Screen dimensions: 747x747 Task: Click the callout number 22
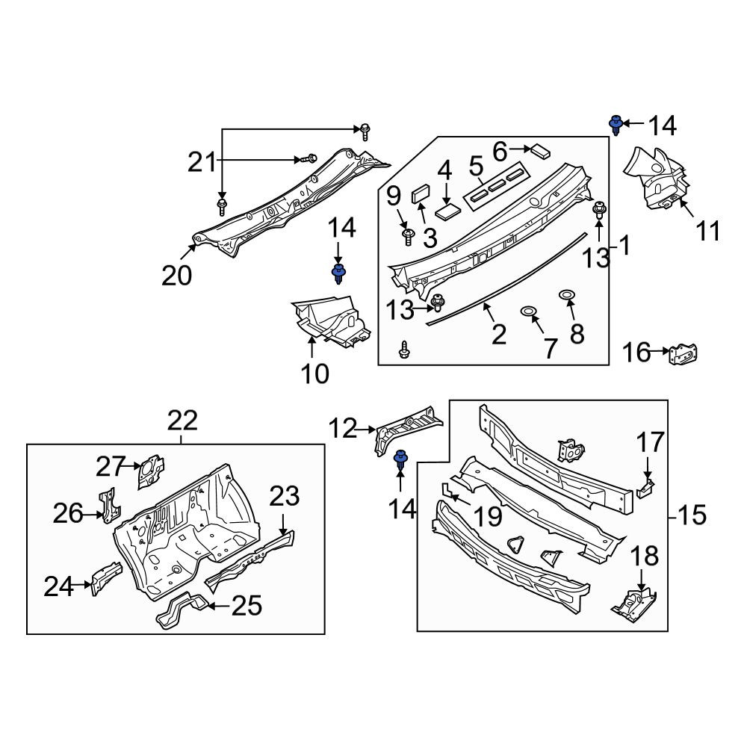coord(183,421)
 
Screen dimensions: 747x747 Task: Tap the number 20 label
coord(177,276)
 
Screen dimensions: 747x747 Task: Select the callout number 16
coord(636,353)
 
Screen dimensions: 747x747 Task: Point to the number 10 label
coord(315,373)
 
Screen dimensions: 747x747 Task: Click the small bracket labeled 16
coord(684,354)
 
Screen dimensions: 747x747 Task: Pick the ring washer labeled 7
coord(529,311)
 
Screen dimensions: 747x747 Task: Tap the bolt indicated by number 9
coord(408,236)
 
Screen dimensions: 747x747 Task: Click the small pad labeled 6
coord(541,151)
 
